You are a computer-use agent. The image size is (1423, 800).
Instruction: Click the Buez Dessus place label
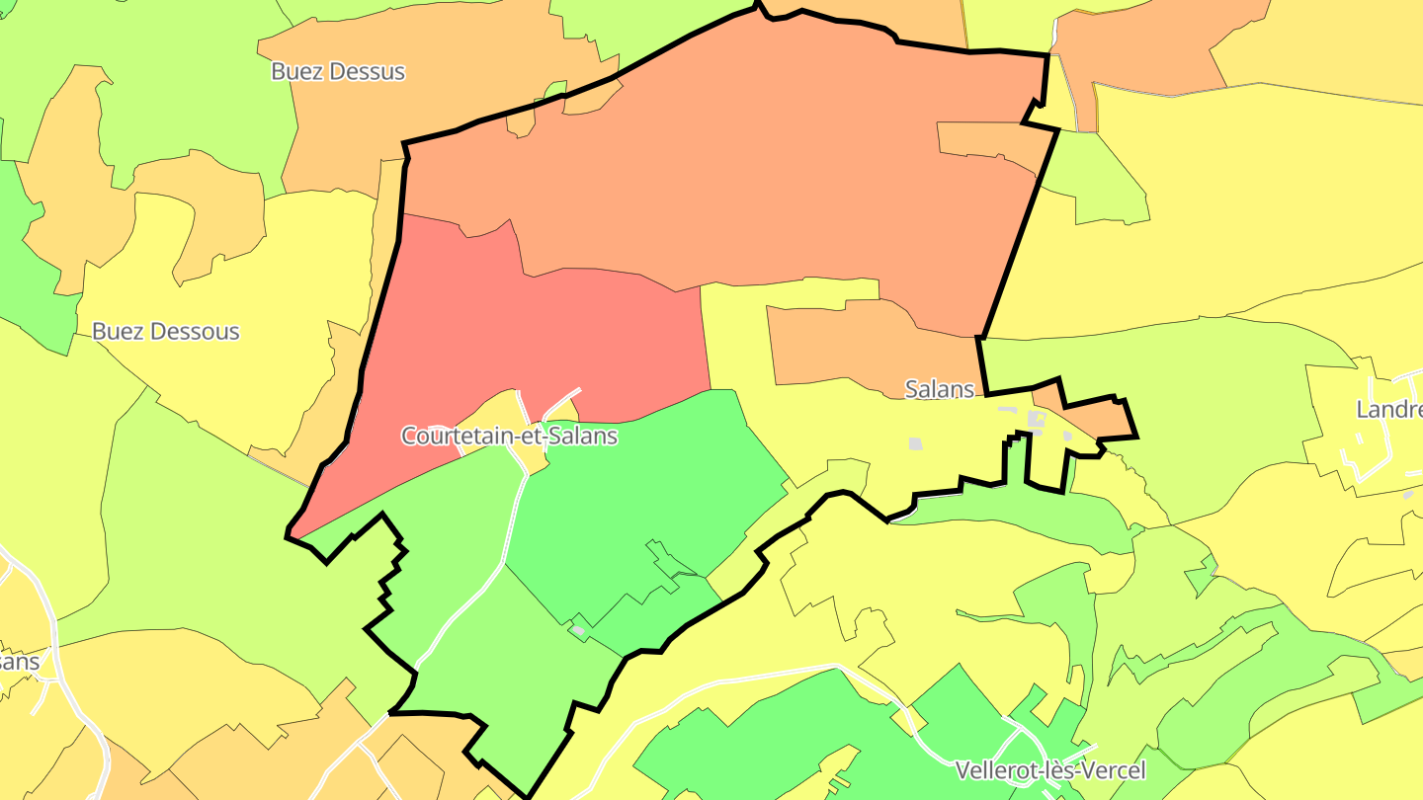pyautogui.click(x=338, y=72)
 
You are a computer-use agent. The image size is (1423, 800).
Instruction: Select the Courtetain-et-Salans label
pyautogui.click(x=509, y=436)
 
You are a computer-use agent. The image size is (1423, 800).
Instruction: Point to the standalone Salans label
pyautogui.click(x=940, y=389)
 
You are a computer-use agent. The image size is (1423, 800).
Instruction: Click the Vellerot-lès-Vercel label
pyautogui.click(x=1050, y=770)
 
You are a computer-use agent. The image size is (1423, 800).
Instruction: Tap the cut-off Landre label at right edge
pyautogui.click(x=1389, y=410)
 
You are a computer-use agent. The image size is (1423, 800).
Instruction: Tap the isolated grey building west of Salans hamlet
pyautogui.click(x=915, y=444)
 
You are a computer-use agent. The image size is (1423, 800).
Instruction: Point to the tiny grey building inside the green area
pyautogui.click(x=578, y=629)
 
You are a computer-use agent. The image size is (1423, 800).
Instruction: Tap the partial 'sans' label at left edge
pyautogui.click(x=18, y=662)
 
